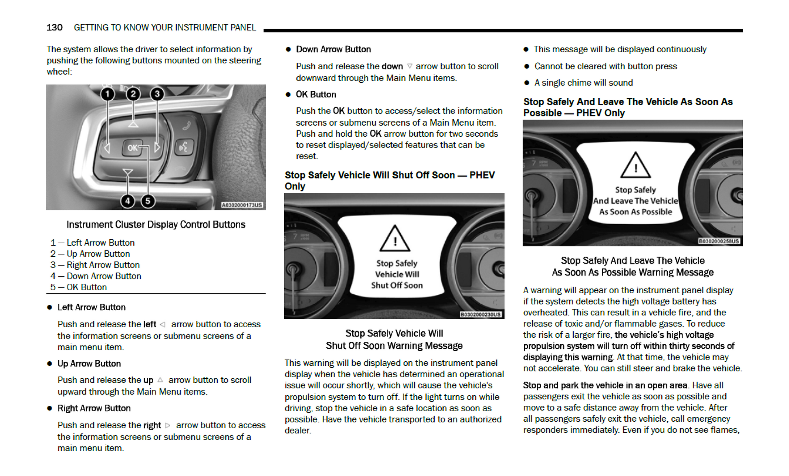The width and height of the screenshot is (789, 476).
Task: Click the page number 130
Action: click(54, 28)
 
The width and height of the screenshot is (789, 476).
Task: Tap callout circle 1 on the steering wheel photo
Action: click(107, 94)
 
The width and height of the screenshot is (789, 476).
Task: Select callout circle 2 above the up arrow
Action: click(133, 94)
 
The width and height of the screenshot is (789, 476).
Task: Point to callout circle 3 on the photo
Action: click(157, 94)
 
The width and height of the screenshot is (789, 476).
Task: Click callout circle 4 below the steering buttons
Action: click(128, 201)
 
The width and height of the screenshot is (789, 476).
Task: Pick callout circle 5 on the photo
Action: click(148, 201)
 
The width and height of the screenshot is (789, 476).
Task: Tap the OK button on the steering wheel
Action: click(133, 148)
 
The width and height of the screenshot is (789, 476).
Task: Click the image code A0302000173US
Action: click(242, 205)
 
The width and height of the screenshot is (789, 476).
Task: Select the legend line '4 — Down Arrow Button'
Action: click(96, 276)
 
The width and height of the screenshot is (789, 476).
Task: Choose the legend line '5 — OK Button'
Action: click(79, 287)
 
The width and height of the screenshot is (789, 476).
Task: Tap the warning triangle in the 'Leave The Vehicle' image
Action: click(635, 165)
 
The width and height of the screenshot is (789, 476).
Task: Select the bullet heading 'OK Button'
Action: click(316, 94)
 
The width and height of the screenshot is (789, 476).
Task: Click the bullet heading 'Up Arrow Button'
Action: click(89, 364)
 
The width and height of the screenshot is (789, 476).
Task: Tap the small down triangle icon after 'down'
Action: click(410, 66)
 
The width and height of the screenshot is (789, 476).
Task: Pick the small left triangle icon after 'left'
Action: click(163, 324)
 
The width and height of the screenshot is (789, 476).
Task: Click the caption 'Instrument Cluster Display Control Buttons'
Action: click(156, 225)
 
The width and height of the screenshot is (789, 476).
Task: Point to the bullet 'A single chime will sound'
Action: click(583, 83)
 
